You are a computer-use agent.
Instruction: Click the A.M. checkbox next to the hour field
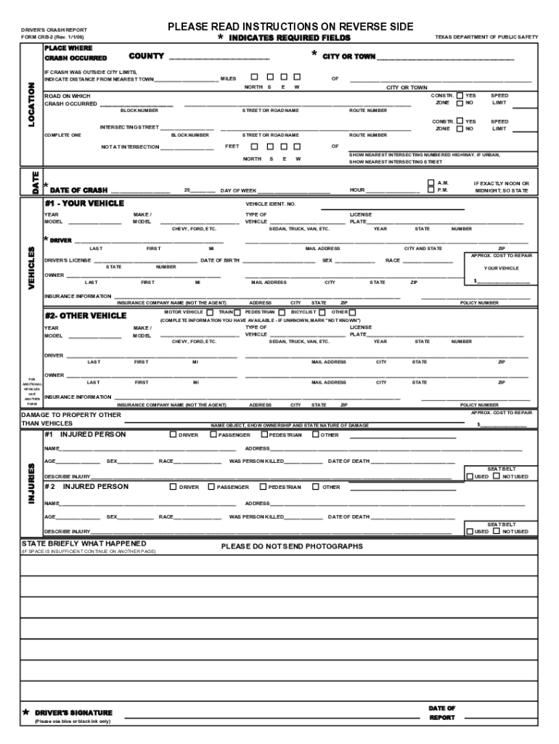tap(431, 182)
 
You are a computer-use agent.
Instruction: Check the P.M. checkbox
tap(431, 190)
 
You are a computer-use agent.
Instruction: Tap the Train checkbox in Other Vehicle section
tap(237, 312)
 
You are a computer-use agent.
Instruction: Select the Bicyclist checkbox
tap(322, 312)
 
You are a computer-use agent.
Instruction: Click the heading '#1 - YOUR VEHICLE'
tap(84, 203)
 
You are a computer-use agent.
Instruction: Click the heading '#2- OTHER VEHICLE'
tap(85, 316)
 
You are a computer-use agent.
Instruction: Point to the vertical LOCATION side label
tap(31, 104)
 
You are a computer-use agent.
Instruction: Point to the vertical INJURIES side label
tap(31, 480)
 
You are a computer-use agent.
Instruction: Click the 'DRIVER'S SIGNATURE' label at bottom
tap(73, 713)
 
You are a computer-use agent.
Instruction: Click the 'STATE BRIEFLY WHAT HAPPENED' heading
tap(83, 543)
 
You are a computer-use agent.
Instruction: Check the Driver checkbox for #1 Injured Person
tap(174, 435)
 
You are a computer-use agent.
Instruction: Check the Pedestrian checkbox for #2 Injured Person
tap(263, 487)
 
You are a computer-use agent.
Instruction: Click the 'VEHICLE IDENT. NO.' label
tap(271, 204)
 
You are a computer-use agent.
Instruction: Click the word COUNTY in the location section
tap(146, 57)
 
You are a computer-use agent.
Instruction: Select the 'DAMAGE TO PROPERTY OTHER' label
tap(71, 415)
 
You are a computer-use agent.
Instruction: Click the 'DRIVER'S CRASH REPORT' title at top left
tap(54, 30)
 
